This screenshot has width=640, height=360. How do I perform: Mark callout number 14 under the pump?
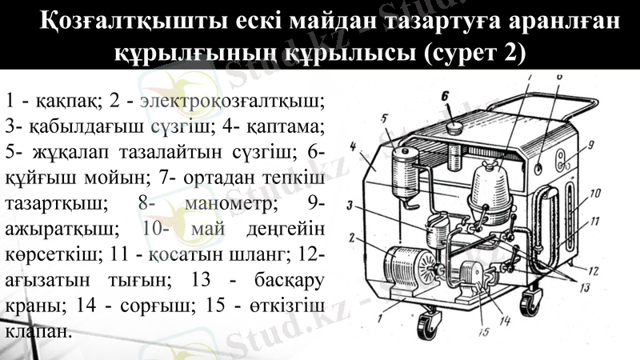pyautogui.click(x=506, y=322)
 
